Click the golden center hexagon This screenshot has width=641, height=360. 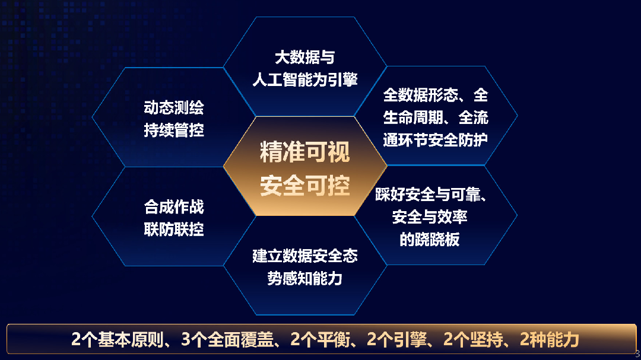click(305, 166)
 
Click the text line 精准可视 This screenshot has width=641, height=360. click(305, 152)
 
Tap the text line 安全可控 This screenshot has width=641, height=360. click(305, 186)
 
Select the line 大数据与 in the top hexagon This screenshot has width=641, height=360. click(305, 57)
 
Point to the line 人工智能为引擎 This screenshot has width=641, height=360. click(305, 79)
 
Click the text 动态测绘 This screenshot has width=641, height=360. click(174, 108)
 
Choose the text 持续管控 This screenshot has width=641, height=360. click(174, 130)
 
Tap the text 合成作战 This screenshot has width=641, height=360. click(174, 207)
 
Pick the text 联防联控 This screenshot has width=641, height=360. click(174, 230)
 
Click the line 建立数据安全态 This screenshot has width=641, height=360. click(305, 256)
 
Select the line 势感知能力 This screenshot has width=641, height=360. click(305, 279)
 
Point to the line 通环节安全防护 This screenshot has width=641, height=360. click(436, 140)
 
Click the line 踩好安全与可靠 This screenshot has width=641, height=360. click(431, 195)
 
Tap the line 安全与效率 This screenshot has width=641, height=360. click(430, 216)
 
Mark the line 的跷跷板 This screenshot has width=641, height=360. click(430, 240)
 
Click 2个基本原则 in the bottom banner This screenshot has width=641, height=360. click(118, 340)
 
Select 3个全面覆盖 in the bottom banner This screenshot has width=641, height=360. click(227, 340)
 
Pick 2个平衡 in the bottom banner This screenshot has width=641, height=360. click(320, 340)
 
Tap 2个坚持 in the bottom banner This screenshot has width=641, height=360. click(474, 340)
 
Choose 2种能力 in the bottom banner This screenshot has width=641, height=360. click(550, 340)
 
